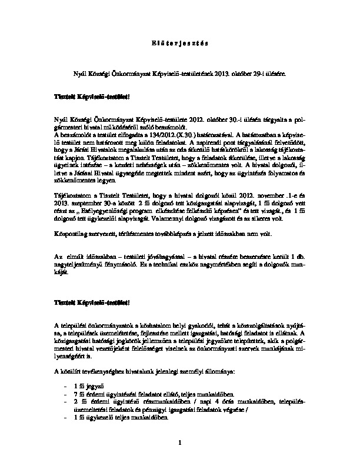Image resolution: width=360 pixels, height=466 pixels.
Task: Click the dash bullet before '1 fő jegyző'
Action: click(x=63, y=384)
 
